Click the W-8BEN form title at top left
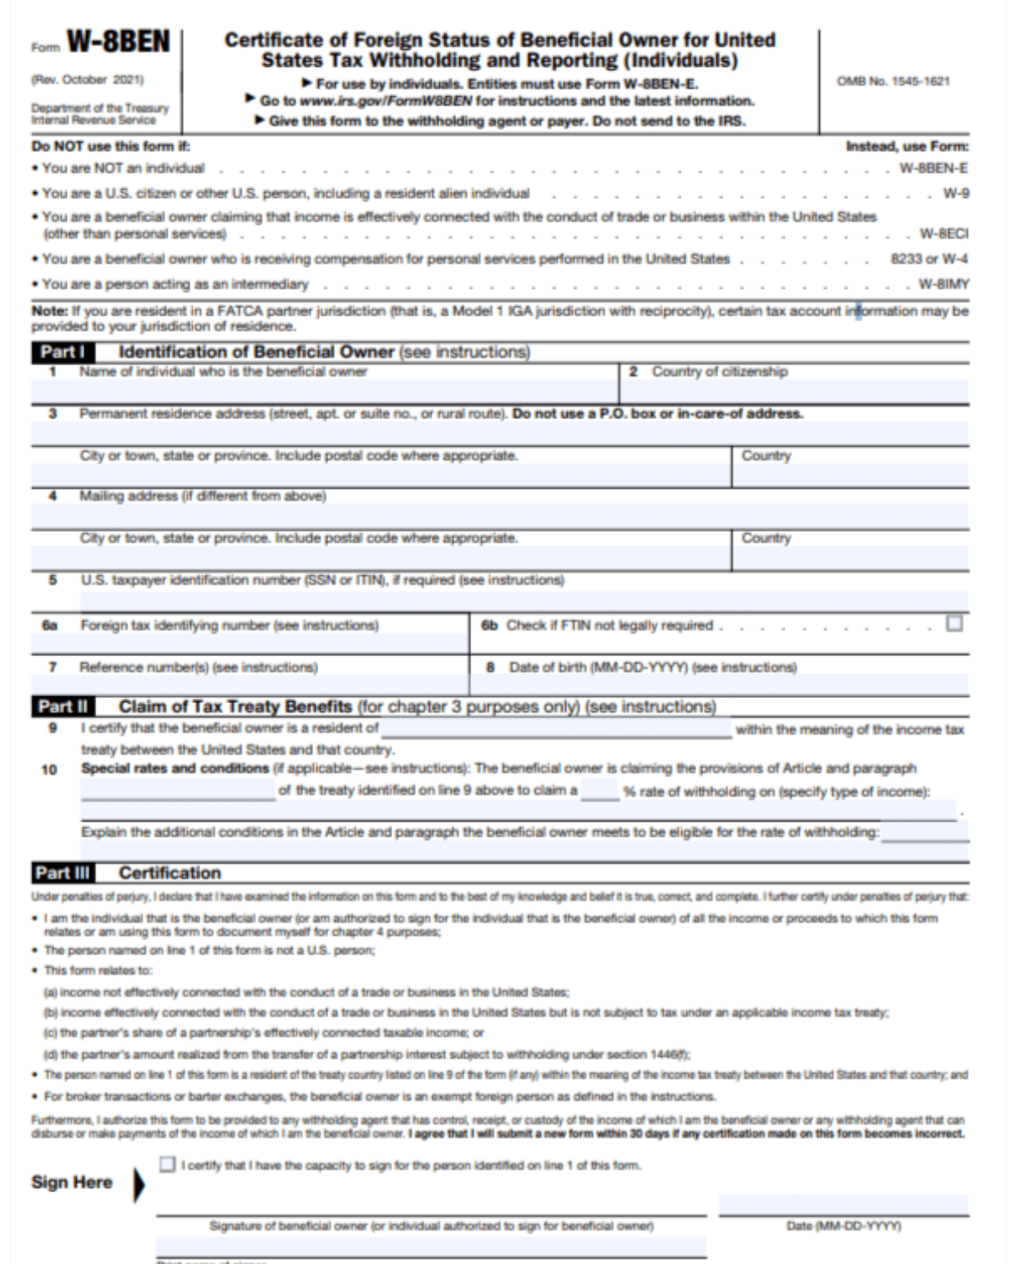tap(118, 42)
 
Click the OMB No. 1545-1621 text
tap(893, 81)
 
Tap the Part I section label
tap(63, 352)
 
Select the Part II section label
tap(63, 707)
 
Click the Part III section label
tap(63, 873)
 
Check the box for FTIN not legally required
tap(954, 624)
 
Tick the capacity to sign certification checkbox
tap(168, 1164)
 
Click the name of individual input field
tap(324, 392)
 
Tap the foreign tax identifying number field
tap(250, 644)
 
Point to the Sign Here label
tap(72, 1182)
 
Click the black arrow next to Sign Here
tap(139, 1185)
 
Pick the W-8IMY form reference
tap(944, 285)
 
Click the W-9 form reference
tap(956, 194)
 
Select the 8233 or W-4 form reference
tap(929, 259)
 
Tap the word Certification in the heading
tap(169, 873)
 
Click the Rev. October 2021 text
tap(88, 80)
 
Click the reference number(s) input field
tap(250, 685)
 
